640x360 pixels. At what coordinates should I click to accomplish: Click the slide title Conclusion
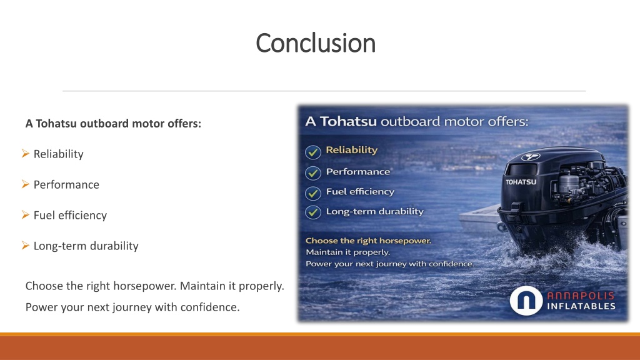(316, 43)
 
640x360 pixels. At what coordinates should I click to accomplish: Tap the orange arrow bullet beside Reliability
(25, 154)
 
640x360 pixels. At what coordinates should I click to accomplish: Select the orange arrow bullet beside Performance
(25, 184)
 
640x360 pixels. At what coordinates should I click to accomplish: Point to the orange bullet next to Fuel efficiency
(25, 215)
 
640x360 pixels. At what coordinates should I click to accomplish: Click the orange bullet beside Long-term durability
(25, 245)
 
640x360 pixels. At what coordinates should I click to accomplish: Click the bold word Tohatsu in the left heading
(56, 123)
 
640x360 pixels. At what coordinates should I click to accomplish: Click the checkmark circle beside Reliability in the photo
(313, 152)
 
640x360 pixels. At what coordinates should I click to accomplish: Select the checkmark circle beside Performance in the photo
(313, 172)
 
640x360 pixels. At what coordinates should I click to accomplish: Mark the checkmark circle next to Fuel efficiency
(313, 192)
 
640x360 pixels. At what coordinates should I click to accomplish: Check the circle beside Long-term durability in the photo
(313, 212)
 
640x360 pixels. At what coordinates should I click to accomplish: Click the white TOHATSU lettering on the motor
(521, 182)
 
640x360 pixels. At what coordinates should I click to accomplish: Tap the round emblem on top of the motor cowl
(531, 156)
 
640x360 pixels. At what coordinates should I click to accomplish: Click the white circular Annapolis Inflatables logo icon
(526, 301)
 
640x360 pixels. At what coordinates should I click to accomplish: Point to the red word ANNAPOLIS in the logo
(581, 296)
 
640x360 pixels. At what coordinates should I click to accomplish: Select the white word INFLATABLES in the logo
(581, 306)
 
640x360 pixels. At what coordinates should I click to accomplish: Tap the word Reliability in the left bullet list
(58, 154)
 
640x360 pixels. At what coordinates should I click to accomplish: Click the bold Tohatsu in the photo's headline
(348, 121)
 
